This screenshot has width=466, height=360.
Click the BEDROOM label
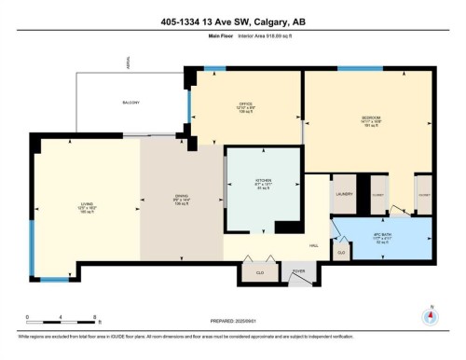point(371,118)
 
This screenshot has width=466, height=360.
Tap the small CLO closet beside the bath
point(342,252)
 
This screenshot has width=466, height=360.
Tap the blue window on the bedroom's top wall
point(359,68)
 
